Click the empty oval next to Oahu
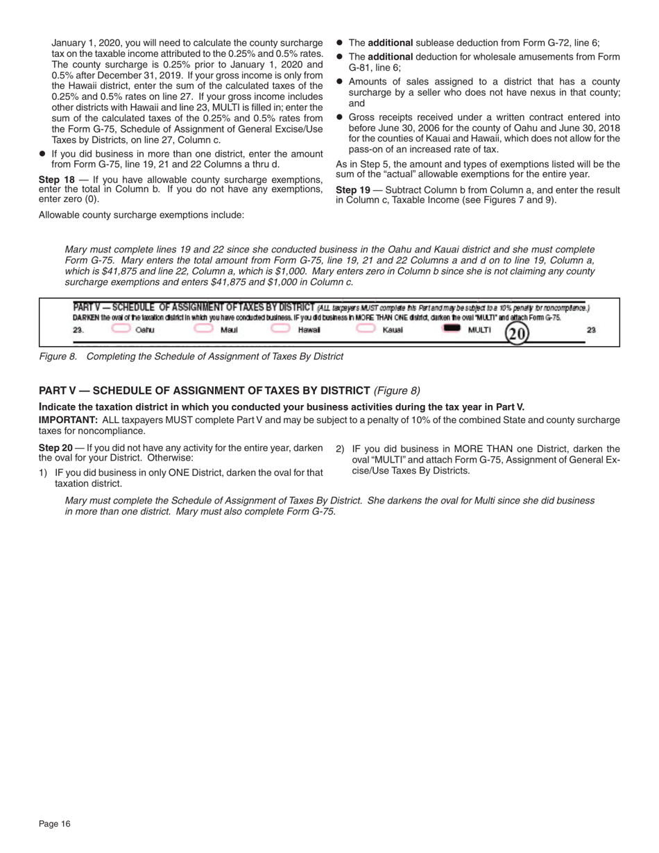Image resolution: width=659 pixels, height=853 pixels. pos(121,329)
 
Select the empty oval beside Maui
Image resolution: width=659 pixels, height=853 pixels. pos(203,329)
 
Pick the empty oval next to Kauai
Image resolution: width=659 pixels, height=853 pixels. pos(366,329)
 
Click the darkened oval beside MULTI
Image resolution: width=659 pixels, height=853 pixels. pos(452,329)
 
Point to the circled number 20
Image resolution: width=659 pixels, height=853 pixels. pos(517,334)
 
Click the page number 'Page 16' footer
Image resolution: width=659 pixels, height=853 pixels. pos(55,824)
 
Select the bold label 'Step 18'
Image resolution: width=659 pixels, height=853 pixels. pos(56,180)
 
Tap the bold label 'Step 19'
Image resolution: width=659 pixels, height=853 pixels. pos(353,190)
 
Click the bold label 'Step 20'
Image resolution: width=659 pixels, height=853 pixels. pos(56,449)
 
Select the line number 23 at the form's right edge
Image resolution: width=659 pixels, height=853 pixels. pos(591,330)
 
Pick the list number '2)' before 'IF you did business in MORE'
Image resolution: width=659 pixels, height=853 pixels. pos(340,449)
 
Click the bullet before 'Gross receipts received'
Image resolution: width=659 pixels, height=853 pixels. pos(340,118)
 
